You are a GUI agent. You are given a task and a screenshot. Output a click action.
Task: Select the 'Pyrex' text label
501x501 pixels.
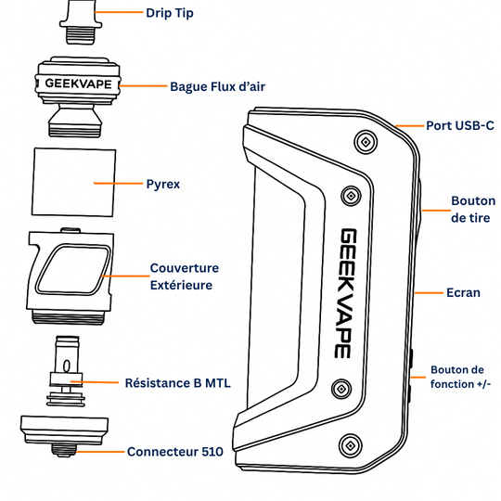(x=163, y=184)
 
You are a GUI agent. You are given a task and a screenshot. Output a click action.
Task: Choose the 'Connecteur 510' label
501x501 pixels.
(x=174, y=452)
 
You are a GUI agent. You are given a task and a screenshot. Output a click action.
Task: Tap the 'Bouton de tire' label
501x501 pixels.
(x=472, y=209)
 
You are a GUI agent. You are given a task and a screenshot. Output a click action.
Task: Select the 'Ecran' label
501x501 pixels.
(x=464, y=292)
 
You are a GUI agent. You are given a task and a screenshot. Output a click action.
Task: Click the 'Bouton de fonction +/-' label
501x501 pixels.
(x=464, y=378)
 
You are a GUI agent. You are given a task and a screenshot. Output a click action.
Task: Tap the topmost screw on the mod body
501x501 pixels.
(x=366, y=142)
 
